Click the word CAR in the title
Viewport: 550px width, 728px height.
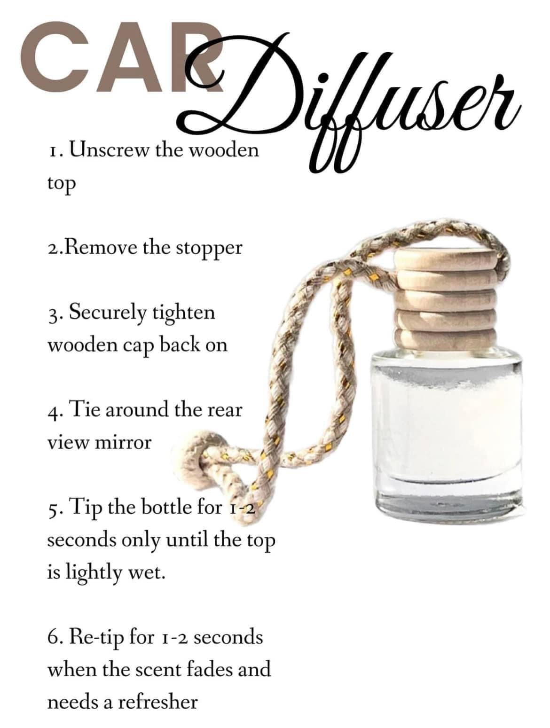tap(122, 59)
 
